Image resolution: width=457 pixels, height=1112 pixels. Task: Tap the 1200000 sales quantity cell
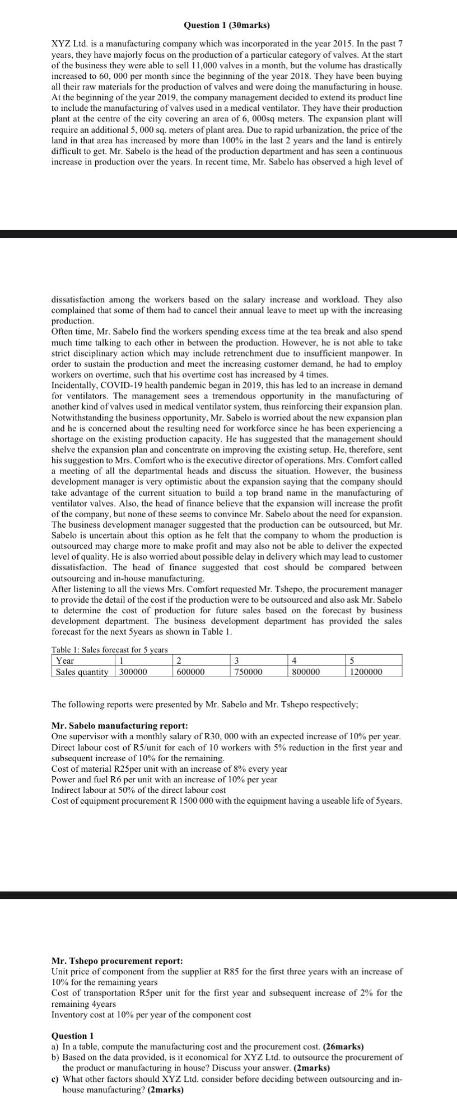tap(366, 672)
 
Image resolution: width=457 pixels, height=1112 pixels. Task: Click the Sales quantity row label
tap(82, 672)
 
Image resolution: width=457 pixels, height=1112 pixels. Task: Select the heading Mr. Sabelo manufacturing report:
tap(119, 725)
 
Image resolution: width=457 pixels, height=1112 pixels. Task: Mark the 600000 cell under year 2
tap(190, 672)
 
